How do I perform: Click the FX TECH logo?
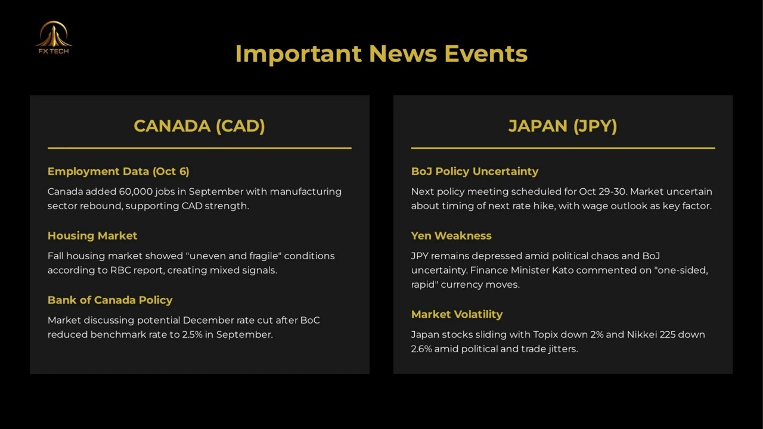[54, 38]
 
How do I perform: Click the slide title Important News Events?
[381, 54]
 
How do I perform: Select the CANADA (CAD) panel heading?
[199, 126]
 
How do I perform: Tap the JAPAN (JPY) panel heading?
[563, 126]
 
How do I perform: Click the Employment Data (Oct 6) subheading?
[118, 171]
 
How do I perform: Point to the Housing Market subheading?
[92, 235]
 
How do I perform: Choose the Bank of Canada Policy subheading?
[110, 300]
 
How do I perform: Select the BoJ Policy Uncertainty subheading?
[475, 171]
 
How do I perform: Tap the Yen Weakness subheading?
[451, 235]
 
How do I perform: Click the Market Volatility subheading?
[457, 314]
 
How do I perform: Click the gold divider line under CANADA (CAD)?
[200, 148]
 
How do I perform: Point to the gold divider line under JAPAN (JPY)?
[563, 148]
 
